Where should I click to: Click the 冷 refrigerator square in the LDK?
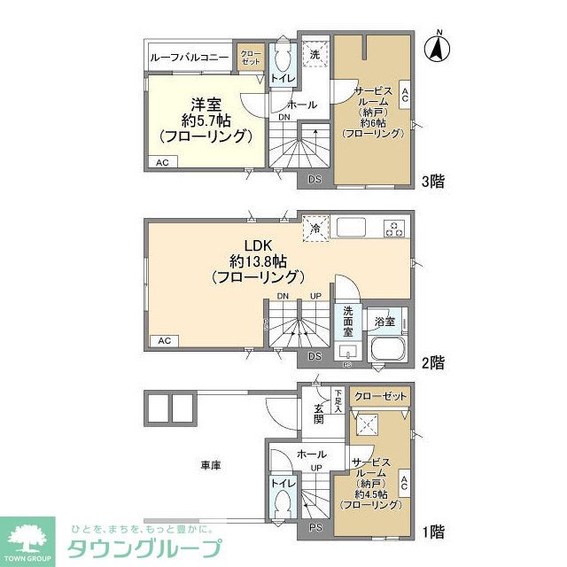coord(315,228)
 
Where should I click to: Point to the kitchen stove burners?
coord(394,228)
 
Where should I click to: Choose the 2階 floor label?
coord(432,362)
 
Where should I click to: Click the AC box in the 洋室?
coord(162,163)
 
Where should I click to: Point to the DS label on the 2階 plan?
coord(315,356)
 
